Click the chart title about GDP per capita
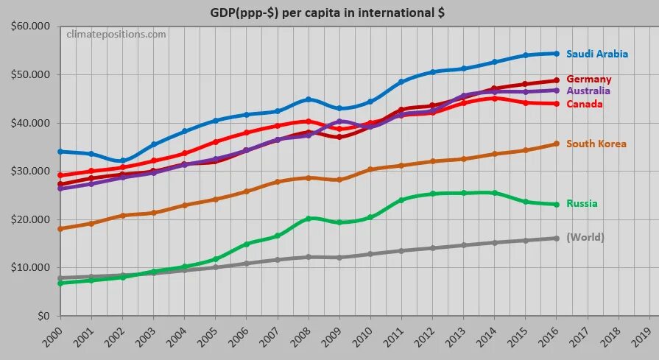click(x=328, y=13)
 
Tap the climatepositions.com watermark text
click(x=116, y=34)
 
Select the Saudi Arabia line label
click(x=597, y=54)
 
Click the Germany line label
click(x=589, y=79)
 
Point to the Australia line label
click(x=588, y=91)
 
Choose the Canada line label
click(x=585, y=104)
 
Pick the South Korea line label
click(x=596, y=144)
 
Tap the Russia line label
click(x=582, y=203)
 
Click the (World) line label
click(x=585, y=237)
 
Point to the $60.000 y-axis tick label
click(x=29, y=27)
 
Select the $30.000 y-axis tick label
click(x=29, y=171)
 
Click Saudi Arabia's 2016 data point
click(x=557, y=53)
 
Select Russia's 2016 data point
click(x=557, y=204)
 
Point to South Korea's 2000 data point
click(x=60, y=228)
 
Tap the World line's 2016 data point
click(x=557, y=238)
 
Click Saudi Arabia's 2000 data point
click(x=60, y=152)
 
